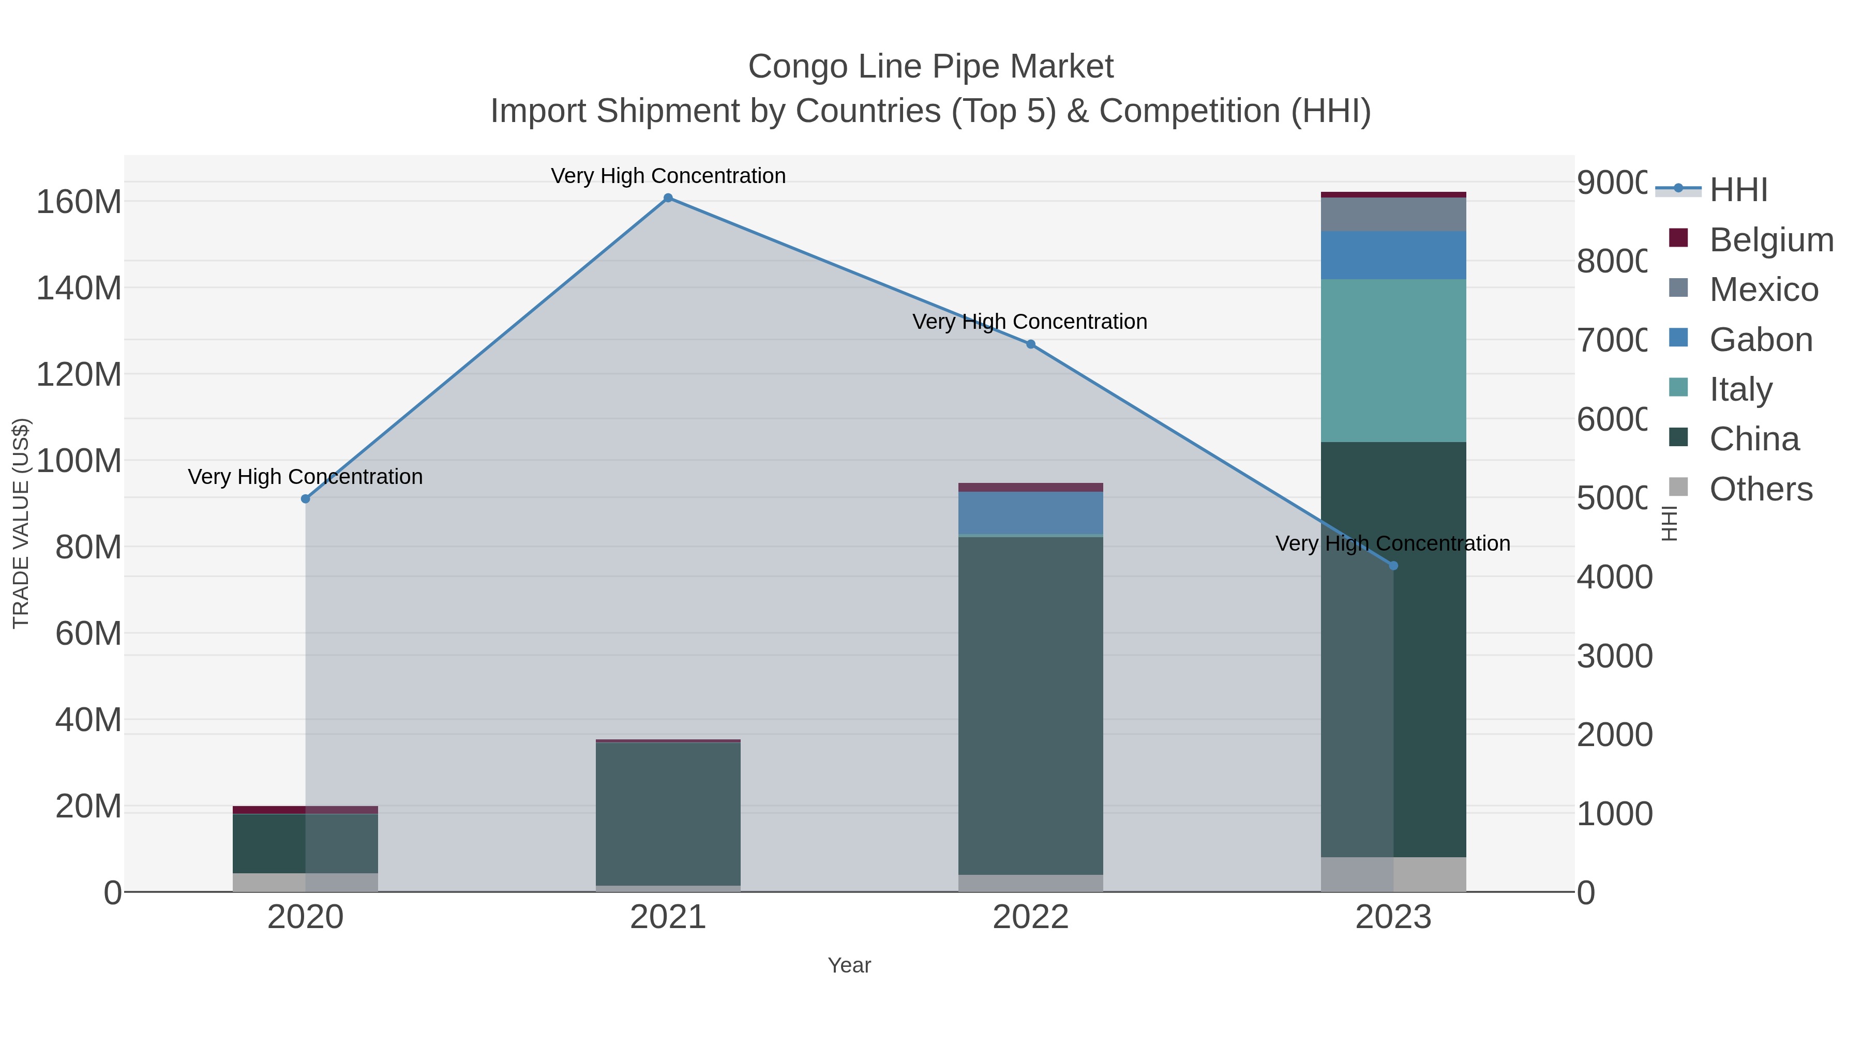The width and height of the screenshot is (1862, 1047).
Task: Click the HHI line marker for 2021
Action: click(x=668, y=198)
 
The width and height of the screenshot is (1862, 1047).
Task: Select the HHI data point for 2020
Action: click(x=305, y=498)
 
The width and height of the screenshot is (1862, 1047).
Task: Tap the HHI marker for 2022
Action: click(x=1031, y=344)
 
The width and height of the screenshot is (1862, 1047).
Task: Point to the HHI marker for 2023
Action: click(x=1393, y=566)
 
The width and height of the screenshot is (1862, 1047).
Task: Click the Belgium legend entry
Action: click(x=1771, y=239)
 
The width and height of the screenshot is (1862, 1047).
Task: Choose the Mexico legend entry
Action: click(x=1763, y=290)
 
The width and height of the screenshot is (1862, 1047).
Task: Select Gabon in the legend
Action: click(x=1760, y=340)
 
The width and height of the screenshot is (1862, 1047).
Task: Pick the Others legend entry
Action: click(x=1760, y=489)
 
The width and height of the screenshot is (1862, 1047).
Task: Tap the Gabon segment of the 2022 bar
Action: click(x=1031, y=513)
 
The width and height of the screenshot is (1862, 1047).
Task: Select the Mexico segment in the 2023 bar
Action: click(x=1393, y=215)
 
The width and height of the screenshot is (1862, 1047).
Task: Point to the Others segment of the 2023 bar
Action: click(x=1393, y=874)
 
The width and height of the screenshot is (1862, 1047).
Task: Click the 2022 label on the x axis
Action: click(x=1031, y=918)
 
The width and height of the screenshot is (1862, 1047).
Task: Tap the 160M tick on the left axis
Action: click(x=79, y=202)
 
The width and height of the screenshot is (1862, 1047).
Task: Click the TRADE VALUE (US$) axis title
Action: click(x=21, y=523)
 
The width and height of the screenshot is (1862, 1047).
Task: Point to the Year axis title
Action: click(x=849, y=965)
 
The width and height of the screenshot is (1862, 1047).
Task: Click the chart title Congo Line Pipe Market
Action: click(x=930, y=67)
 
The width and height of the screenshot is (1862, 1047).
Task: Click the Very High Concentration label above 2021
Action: click(x=668, y=176)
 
